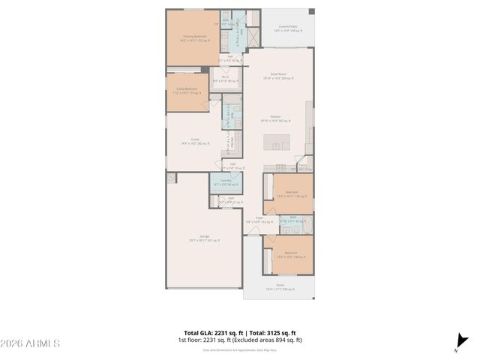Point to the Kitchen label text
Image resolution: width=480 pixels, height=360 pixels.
(275, 117)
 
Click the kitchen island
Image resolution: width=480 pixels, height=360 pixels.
(275, 140)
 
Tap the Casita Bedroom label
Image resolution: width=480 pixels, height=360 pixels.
(186, 88)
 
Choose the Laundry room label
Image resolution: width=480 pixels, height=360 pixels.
(225, 181)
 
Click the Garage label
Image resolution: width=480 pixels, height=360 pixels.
(204, 237)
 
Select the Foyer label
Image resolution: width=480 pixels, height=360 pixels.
(258, 219)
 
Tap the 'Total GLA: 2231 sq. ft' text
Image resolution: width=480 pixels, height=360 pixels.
(209, 332)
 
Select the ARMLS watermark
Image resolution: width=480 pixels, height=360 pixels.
(30, 343)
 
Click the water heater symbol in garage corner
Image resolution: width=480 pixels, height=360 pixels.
(172, 178)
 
